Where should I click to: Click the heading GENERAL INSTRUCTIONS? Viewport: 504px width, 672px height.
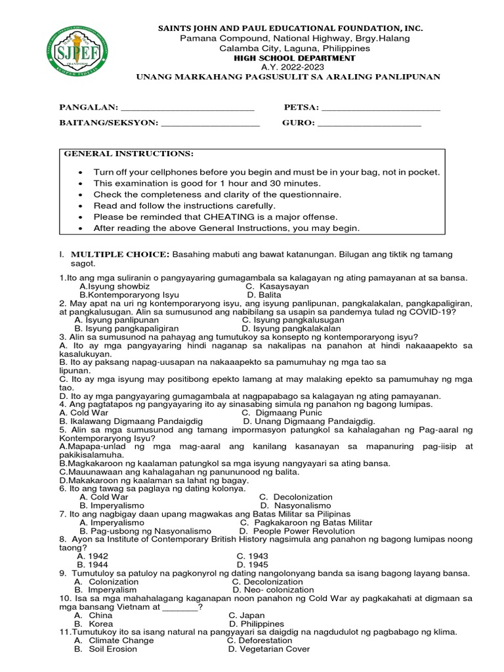coord(129,154)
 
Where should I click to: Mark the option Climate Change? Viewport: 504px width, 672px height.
coord(113,640)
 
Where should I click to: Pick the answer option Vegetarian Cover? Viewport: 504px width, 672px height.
coord(268,649)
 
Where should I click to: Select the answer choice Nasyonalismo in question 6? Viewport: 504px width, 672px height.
coord(295,506)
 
